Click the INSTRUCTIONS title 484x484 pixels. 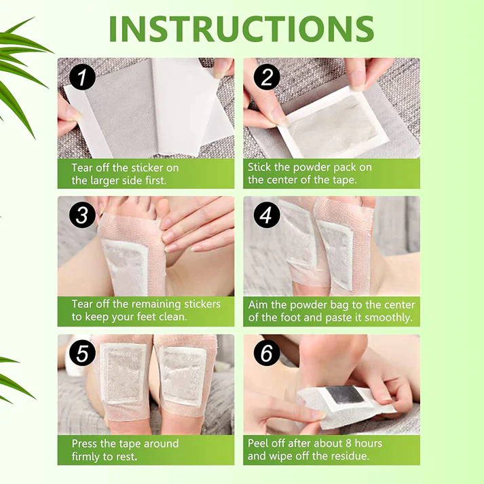tap(242, 28)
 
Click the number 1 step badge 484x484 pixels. tap(82, 77)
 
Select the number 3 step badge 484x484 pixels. tap(82, 216)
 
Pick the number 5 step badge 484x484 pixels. tap(82, 353)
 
